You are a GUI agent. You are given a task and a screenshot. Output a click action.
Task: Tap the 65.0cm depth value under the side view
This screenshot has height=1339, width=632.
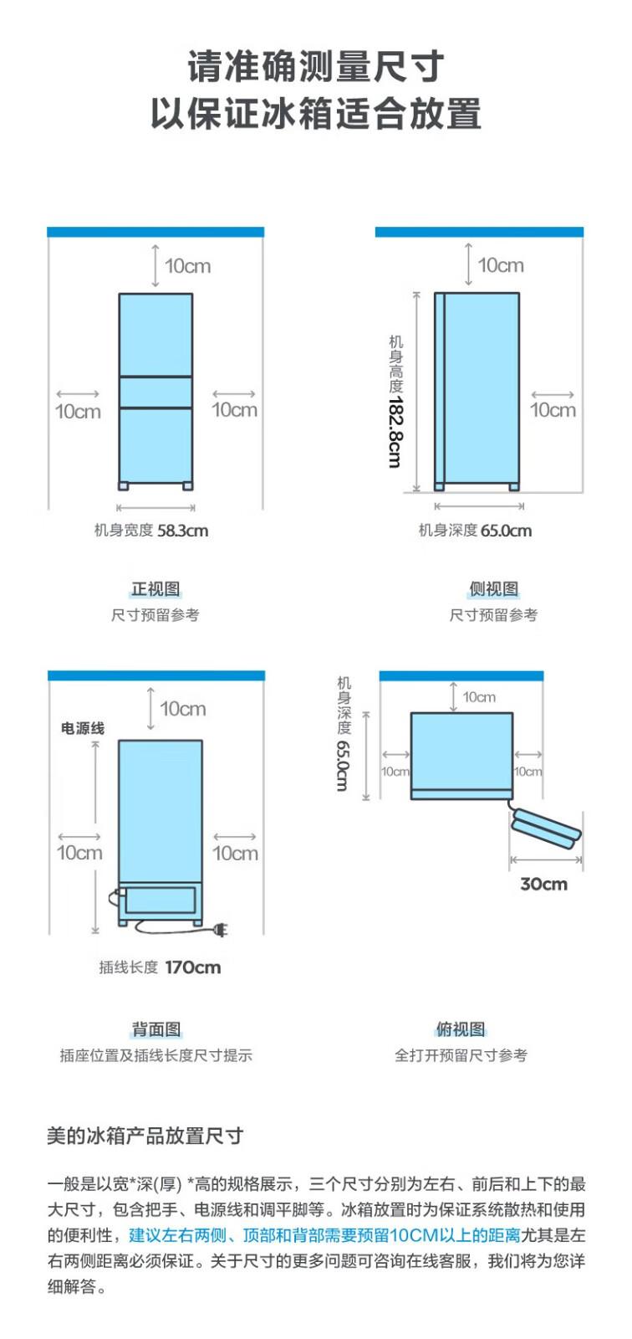506,531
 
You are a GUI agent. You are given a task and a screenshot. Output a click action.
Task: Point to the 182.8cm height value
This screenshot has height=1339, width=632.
395,432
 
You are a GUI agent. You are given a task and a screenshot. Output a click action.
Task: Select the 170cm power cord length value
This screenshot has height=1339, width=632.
193,967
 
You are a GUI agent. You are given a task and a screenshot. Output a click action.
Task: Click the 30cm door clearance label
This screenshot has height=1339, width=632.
543,884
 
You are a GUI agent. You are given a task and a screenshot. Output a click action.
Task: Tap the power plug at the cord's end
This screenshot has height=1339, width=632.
221,930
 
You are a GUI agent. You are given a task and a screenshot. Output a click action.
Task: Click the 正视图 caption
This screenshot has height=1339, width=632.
155,589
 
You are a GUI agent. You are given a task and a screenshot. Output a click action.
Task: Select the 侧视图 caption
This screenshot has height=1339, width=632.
493,589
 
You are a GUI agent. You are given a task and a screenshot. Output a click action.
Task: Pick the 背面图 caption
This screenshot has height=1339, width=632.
156,1029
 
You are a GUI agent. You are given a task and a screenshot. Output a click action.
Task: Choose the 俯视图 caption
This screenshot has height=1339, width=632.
461,1029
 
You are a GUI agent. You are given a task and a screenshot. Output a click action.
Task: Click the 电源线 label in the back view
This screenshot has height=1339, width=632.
83,728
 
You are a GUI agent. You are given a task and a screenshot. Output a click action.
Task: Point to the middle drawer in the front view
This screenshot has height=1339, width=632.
155,392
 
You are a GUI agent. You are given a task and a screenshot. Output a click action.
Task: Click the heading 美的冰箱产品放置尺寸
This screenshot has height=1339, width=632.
145,1135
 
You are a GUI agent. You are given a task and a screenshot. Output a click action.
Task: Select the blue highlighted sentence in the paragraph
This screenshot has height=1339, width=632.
325,1235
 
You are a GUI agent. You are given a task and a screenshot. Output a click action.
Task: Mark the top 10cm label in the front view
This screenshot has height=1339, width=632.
187,266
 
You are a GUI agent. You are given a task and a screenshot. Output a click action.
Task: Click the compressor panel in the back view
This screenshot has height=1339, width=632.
161,900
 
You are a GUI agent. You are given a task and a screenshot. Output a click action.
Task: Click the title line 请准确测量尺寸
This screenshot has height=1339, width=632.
316,67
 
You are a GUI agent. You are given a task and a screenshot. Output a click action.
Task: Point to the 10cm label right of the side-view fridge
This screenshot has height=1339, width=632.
553,410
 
